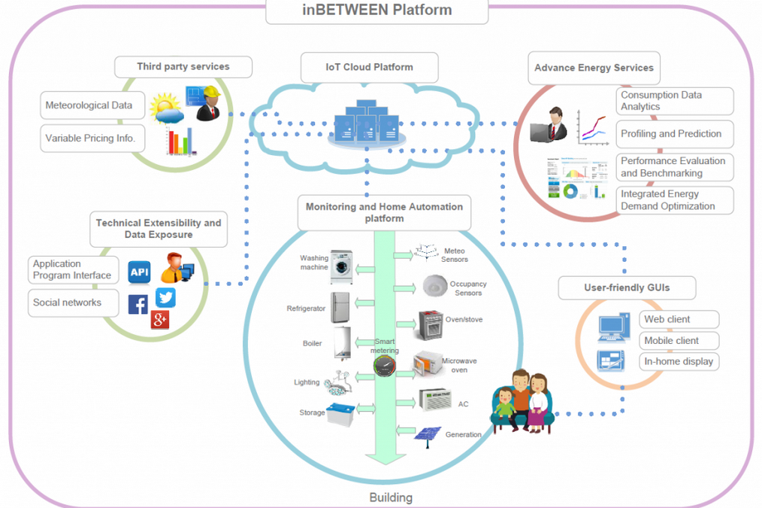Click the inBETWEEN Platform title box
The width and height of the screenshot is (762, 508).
[x=376, y=11]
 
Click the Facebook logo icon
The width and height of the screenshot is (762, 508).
[x=138, y=304]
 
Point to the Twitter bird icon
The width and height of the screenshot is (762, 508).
[x=165, y=298]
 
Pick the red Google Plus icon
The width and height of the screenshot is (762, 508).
[x=159, y=319]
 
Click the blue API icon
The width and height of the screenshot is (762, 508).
[x=139, y=272]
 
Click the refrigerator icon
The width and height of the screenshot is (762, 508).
[x=340, y=307]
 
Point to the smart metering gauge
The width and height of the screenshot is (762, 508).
[x=385, y=367]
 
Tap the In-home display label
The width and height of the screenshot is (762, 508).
[x=679, y=361]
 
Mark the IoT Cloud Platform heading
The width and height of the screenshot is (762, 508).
[x=369, y=67]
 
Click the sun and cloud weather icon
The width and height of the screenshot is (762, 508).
[x=166, y=110]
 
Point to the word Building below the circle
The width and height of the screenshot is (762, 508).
[x=391, y=497]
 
